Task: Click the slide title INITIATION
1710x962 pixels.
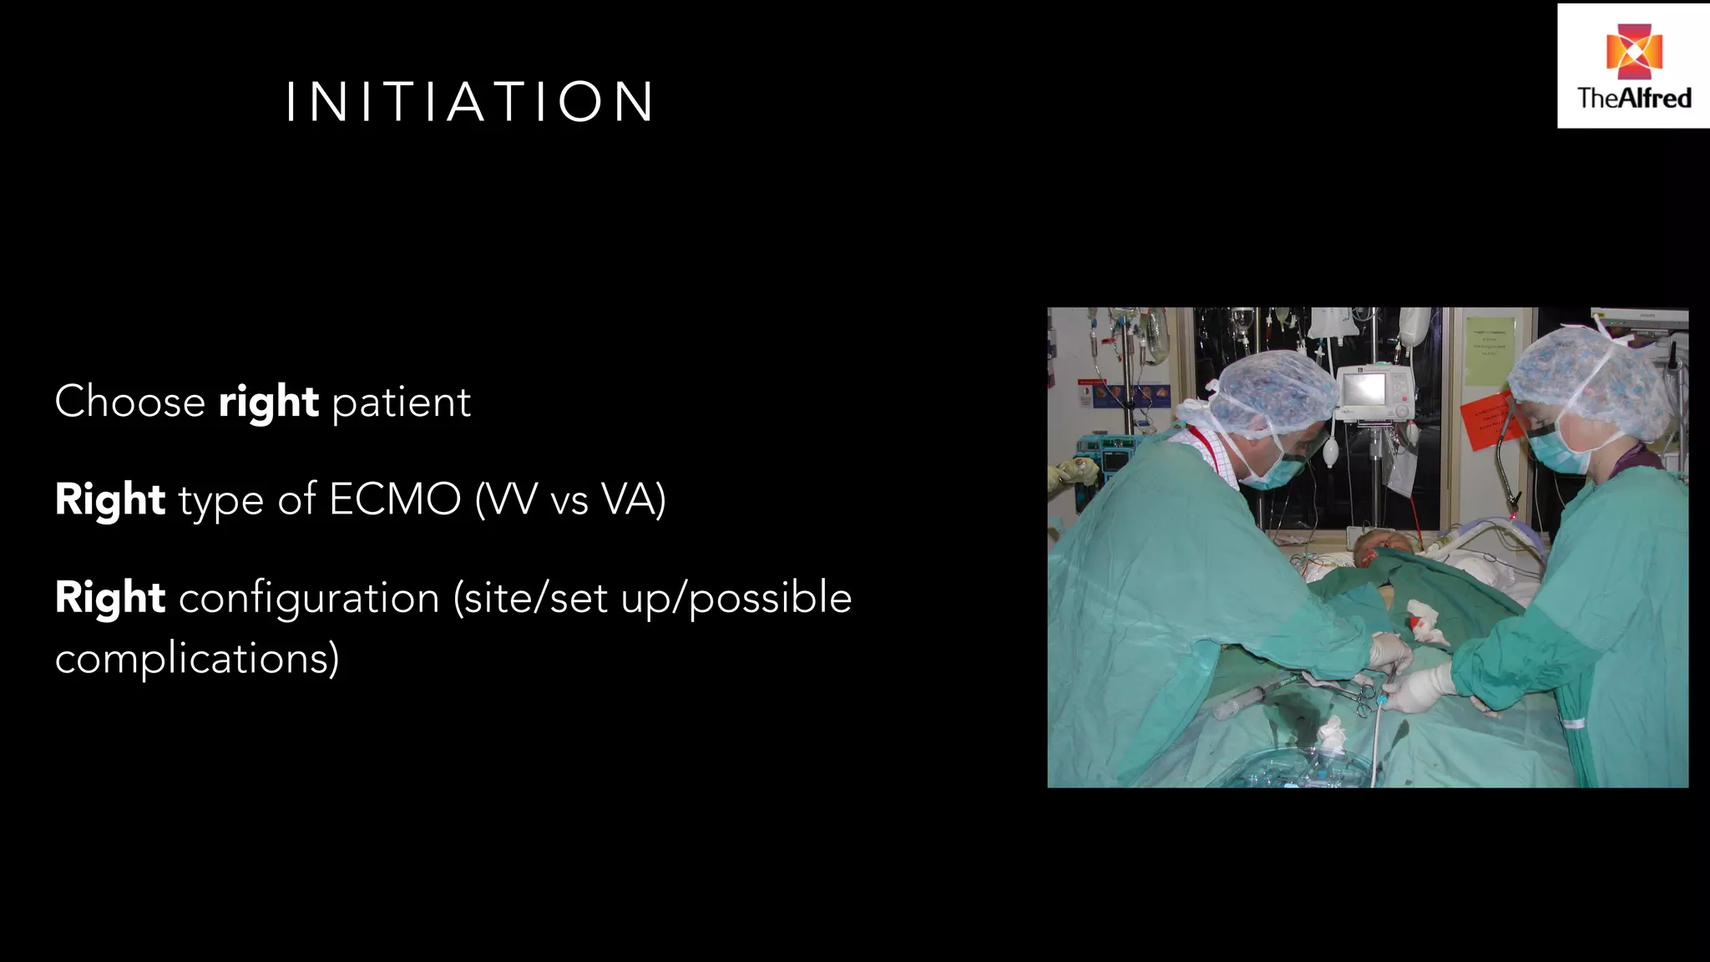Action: (x=470, y=103)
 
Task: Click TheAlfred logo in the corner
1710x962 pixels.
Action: (x=1633, y=66)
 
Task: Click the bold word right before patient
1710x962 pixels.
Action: (x=268, y=403)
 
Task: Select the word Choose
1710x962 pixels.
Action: (x=129, y=402)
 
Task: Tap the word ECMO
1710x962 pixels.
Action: (x=395, y=499)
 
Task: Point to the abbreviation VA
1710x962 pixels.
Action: (x=630, y=499)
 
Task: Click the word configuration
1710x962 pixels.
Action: (x=309, y=598)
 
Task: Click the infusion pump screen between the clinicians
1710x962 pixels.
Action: (x=1364, y=388)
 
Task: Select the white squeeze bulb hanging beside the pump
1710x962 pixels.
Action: (x=1330, y=453)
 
